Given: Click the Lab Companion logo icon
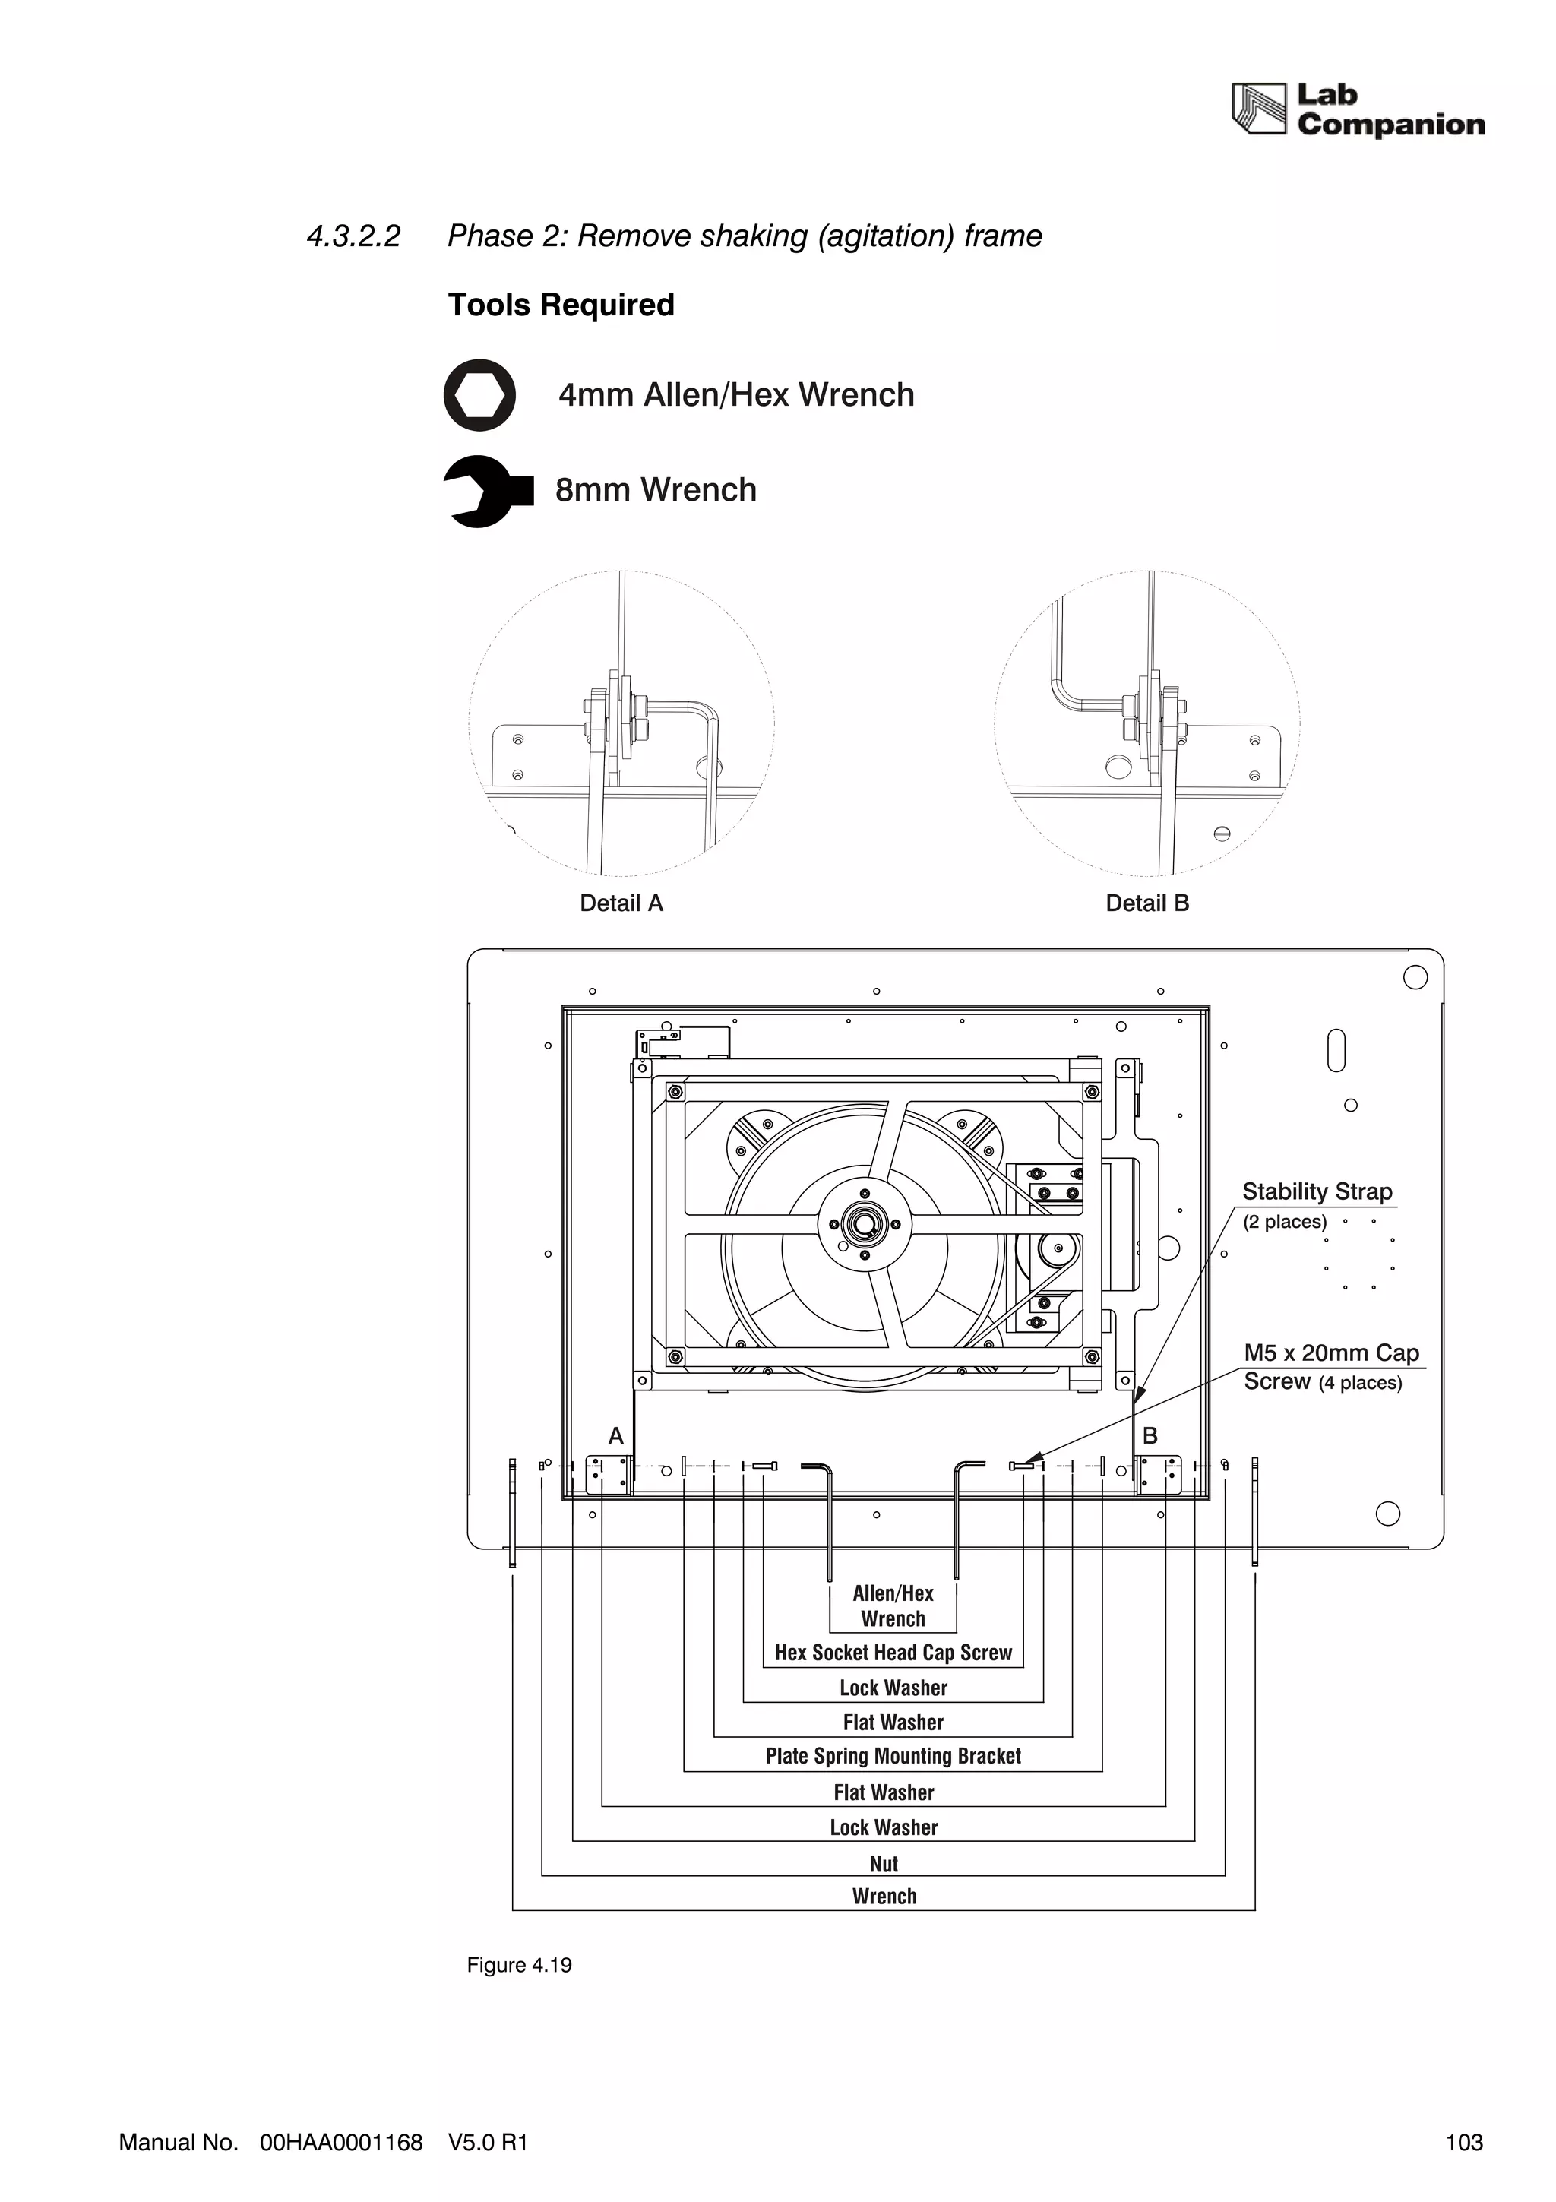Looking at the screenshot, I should coord(1258,109).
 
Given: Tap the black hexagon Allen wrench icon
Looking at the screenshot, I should coord(479,395).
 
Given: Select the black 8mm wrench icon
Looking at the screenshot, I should coord(486,491).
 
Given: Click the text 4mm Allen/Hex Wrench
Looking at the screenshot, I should coord(736,395).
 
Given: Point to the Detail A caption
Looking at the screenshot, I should coord(621,903).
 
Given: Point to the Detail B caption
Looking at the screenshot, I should coord(1146,903).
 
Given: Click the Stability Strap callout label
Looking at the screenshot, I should coord(1317,1192).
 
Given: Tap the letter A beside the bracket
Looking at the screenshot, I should coord(615,1436).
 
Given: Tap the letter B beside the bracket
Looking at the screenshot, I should coord(1150,1436).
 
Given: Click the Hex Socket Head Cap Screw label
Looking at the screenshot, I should coord(893,1653).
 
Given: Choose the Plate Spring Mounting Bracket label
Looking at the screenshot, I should coord(893,1756).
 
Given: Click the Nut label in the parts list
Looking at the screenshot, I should coord(883,1863).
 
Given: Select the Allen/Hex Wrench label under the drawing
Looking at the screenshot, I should coord(893,1606).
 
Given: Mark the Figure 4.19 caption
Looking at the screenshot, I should coord(519,1965).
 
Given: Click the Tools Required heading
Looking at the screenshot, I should coord(561,305).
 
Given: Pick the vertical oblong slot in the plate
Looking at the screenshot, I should coord(1336,1050).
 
